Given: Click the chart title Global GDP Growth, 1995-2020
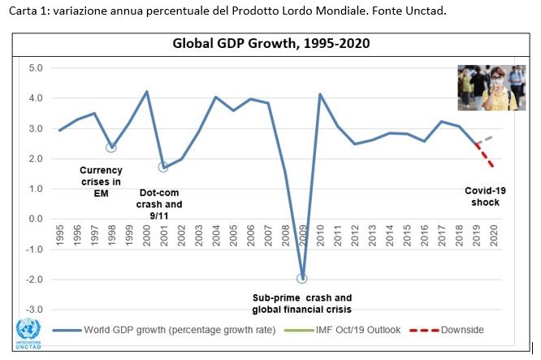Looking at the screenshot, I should pos(270,44).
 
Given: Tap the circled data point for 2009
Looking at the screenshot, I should pos(302,278).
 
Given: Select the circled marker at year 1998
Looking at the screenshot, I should pos(111,147).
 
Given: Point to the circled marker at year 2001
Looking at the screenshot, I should pos(163,167).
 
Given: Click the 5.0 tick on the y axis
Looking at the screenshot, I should pos(36,67).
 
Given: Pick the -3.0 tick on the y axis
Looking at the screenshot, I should pos(34,310).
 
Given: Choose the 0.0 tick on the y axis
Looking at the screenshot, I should pos(36,219).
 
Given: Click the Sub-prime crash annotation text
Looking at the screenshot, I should pos(302,303).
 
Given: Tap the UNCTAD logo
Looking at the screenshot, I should pos(29,332).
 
